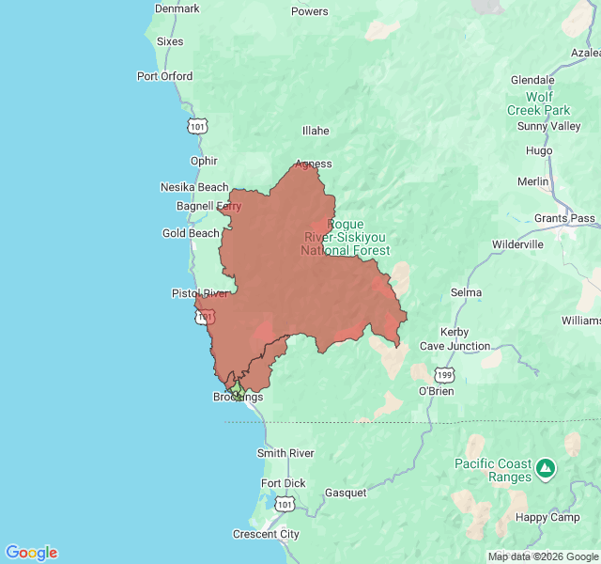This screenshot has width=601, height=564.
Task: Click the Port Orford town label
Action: pos(164,76)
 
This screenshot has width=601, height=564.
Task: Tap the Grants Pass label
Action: pos(564,218)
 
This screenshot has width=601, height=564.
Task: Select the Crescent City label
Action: pos(266,534)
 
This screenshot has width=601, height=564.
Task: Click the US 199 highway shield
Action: pos(444,374)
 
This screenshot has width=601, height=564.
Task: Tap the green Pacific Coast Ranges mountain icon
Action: pos(546,467)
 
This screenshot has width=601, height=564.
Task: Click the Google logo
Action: pos(31,553)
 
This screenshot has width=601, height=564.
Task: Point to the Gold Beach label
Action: pos(191,233)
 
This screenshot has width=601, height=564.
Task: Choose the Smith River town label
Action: pos(285,453)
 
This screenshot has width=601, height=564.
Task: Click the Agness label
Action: pos(314,164)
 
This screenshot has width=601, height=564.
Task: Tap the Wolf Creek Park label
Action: pos(539,103)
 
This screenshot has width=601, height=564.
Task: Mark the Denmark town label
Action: pos(177,8)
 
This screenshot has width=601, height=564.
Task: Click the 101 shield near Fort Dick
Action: pos(285,505)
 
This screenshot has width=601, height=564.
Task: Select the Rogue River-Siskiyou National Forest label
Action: pos(345,238)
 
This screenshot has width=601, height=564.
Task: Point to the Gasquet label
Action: pos(345,493)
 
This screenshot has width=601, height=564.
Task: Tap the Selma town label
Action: pos(466,292)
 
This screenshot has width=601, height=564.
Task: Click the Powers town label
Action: pos(310,11)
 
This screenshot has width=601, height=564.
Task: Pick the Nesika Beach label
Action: pos(194,187)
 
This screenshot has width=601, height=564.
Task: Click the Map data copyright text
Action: pos(543,556)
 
